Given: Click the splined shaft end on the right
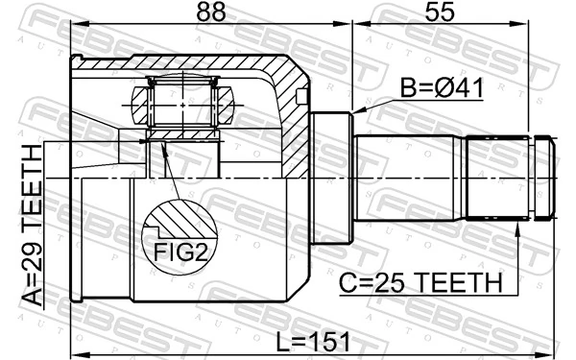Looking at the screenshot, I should pyautogui.click(x=509, y=178).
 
